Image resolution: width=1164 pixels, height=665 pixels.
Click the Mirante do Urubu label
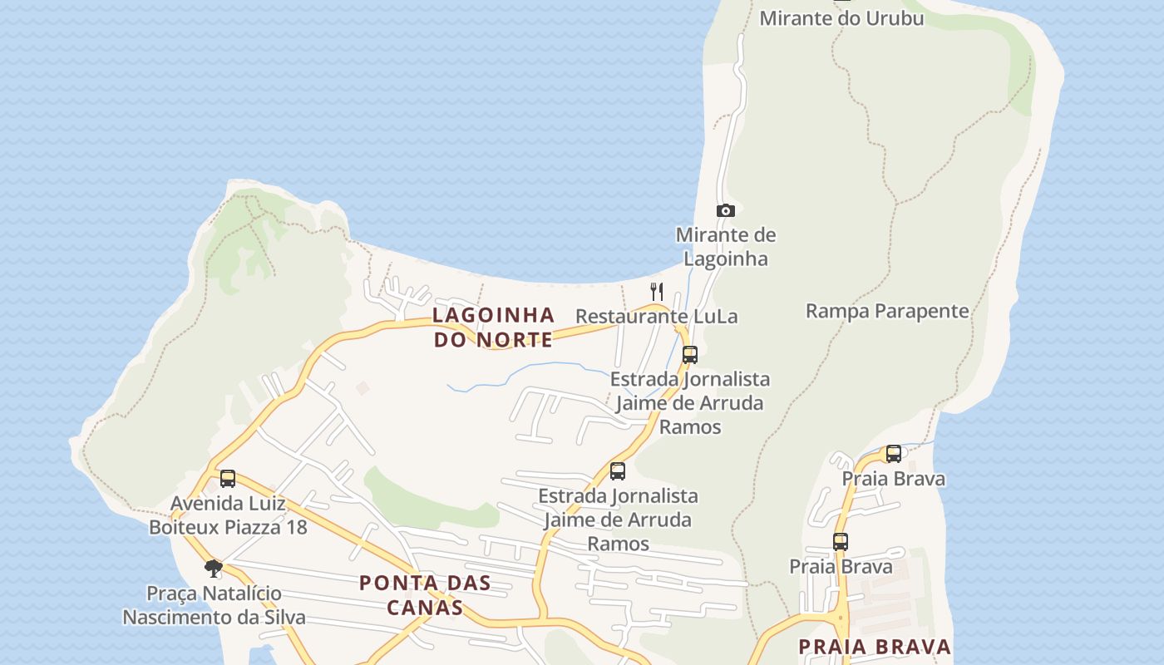tap(841, 17)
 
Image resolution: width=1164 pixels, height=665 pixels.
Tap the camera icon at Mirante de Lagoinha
tap(726, 211)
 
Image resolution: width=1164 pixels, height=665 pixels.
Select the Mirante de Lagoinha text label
tap(726, 247)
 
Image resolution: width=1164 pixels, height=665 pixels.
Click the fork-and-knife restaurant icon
tap(657, 291)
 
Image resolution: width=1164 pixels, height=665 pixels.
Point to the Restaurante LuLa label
tap(656, 317)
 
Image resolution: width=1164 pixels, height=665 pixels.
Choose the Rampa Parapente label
tap(887, 311)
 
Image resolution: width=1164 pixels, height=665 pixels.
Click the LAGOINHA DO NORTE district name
tap(494, 327)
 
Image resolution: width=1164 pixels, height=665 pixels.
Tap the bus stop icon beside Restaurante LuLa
tap(689, 355)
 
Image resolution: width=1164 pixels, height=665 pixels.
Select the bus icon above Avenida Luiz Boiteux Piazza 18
tap(228, 479)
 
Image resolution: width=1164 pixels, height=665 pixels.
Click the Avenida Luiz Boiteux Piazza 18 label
tap(228, 515)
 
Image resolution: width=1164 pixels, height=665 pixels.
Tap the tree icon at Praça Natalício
tap(214, 569)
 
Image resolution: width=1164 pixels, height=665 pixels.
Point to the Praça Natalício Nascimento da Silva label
tap(214, 605)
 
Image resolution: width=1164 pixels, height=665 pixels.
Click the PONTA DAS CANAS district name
tap(425, 595)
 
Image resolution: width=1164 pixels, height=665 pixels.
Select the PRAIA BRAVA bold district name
tap(875, 647)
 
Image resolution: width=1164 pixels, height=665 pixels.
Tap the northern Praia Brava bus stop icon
tap(894, 454)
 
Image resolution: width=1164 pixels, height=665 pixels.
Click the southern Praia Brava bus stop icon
tap(841, 542)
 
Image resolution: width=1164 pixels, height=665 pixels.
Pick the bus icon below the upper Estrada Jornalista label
tap(618, 471)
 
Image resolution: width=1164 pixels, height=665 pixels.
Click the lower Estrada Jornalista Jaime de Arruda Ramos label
tap(618, 520)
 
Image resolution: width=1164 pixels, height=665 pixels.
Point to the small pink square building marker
tap(363, 387)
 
